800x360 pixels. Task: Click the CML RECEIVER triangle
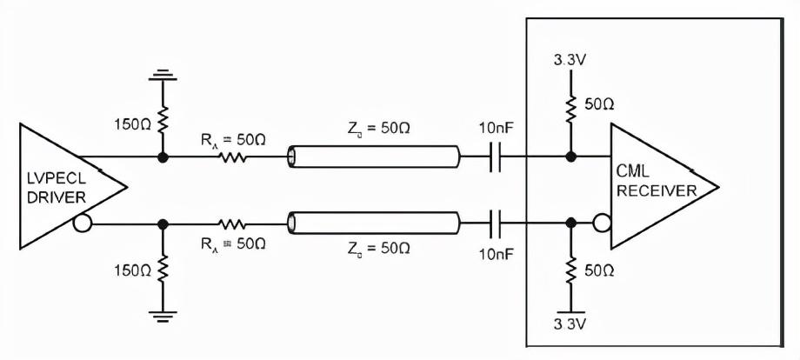[657, 184]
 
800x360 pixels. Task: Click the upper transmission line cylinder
[374, 158]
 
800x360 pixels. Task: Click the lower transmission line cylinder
[374, 223]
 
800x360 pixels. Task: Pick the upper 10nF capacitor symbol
[497, 158]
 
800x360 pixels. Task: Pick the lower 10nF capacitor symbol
[497, 223]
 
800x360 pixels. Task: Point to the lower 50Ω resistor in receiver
[570, 272]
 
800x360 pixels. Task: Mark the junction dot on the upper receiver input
[570, 158]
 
